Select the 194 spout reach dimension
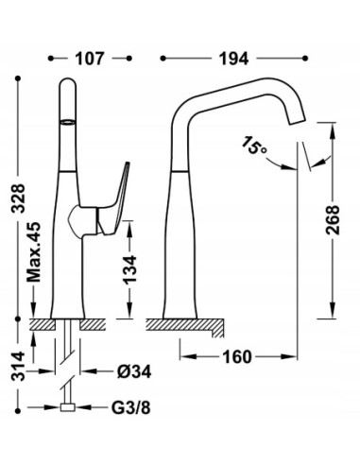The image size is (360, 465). coord(234,58)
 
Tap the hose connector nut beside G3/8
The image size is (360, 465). coord(68,408)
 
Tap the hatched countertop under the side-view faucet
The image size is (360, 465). coord(189,328)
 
